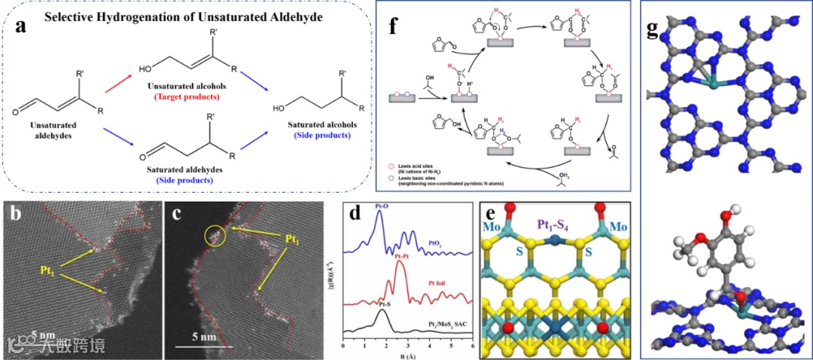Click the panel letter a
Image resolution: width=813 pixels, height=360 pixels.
click(x=23, y=28)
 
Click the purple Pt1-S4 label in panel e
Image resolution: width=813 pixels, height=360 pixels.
click(x=556, y=224)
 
